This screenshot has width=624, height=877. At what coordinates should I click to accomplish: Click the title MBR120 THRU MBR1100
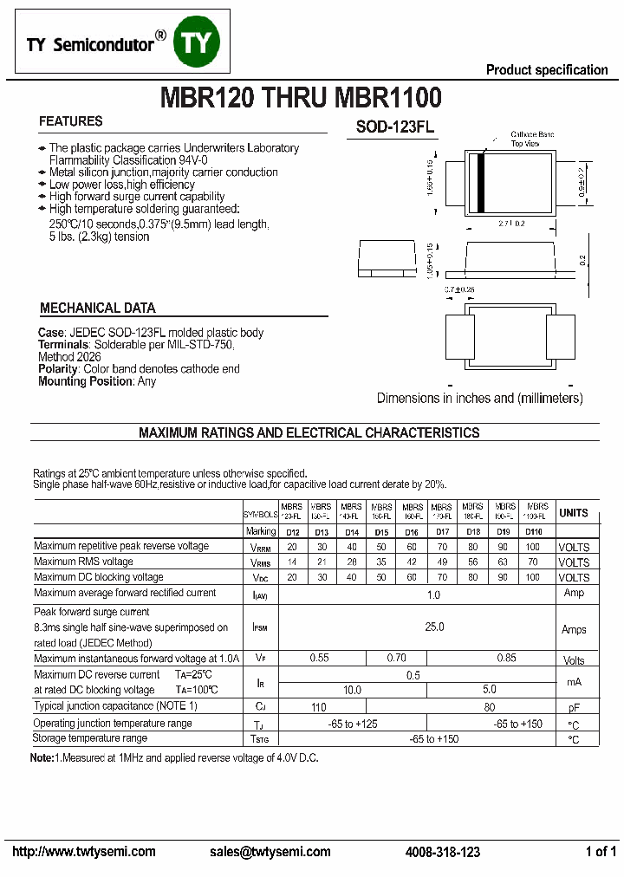[300, 97]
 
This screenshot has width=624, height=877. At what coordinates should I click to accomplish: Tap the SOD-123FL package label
[394, 127]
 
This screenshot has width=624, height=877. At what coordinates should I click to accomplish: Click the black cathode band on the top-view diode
[480, 182]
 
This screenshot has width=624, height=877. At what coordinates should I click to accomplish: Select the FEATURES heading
[71, 121]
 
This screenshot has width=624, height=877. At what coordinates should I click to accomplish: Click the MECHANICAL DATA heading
[98, 308]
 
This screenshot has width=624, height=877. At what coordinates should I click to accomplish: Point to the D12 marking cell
[293, 532]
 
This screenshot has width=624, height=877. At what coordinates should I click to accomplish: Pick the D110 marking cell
[533, 532]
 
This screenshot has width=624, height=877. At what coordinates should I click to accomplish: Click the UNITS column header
[574, 513]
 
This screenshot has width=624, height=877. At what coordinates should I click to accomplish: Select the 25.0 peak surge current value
[433, 627]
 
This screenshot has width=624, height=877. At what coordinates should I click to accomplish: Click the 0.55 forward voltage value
[319, 659]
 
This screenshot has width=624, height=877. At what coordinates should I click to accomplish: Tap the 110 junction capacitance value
[319, 707]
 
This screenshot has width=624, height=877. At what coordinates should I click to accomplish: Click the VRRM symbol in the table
[260, 548]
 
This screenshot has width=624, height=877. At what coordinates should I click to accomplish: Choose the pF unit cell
[574, 708]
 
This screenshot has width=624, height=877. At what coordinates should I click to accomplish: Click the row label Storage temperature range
[90, 738]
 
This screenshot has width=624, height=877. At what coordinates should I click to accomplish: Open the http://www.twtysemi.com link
[84, 852]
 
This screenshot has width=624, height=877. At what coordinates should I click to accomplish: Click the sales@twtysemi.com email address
[270, 852]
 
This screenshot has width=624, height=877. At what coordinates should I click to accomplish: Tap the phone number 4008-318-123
[442, 852]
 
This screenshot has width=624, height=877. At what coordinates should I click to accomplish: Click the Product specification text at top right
[547, 70]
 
